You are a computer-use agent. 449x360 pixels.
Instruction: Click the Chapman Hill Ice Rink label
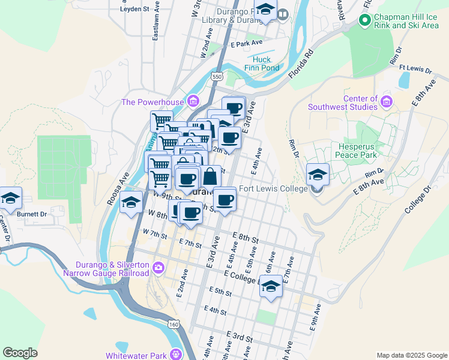405,21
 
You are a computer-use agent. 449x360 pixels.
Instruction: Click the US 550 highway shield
217,76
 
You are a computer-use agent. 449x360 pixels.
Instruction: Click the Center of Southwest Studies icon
386,102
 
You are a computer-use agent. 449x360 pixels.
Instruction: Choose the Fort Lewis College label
273,188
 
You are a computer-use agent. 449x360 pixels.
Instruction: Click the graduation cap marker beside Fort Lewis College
318,175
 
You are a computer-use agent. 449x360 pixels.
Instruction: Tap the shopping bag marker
210,177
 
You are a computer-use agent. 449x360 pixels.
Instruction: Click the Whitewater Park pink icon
176,355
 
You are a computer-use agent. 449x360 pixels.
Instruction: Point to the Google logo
20,353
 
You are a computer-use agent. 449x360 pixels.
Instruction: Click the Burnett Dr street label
31,214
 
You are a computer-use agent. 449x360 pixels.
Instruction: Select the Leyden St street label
134,9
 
